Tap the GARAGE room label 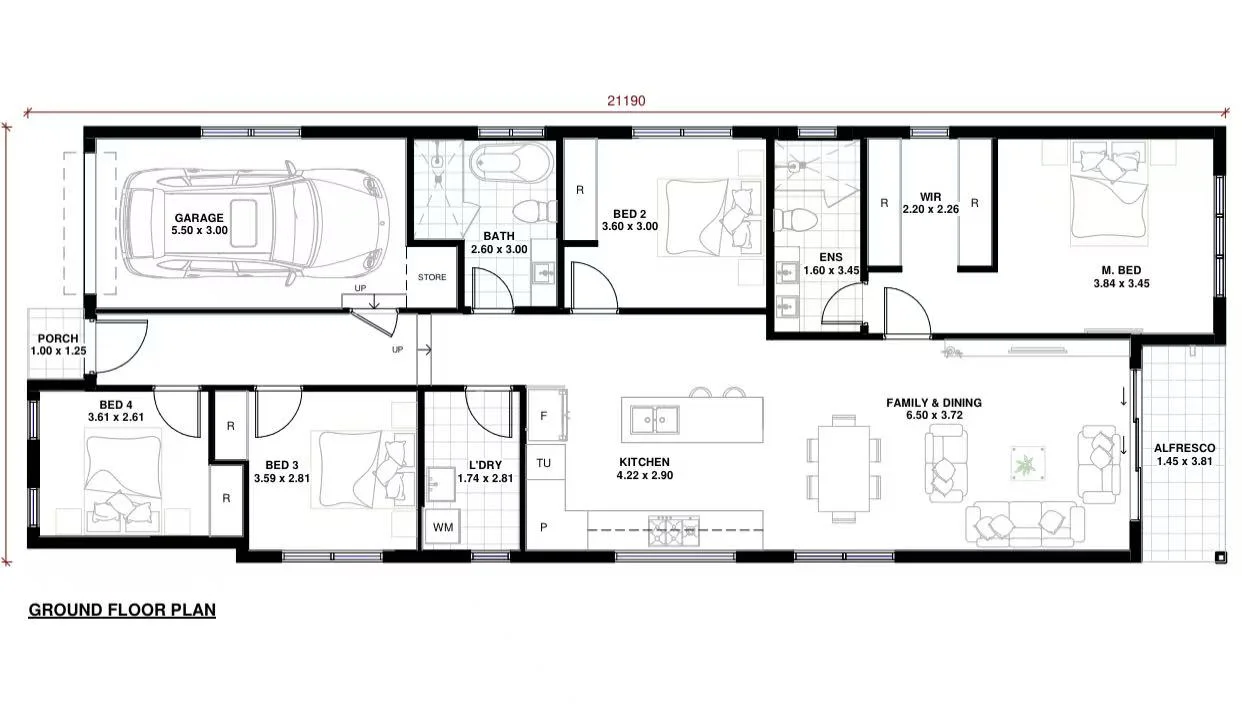click(199, 218)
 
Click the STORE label click(432, 277)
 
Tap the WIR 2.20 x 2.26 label click(930, 204)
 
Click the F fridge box click(545, 416)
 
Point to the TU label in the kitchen click(544, 463)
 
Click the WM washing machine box click(441, 527)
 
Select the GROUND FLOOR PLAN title click(122, 609)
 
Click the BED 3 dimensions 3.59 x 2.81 click(282, 478)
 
